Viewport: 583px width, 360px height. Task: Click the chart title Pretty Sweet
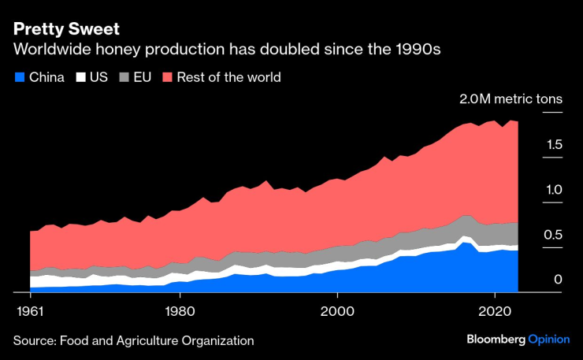(x=66, y=29)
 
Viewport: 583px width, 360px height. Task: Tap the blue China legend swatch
(x=19, y=77)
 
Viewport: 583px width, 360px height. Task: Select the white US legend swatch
(x=80, y=77)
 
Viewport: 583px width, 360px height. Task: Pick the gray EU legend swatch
(x=124, y=77)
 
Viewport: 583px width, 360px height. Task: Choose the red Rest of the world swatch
(x=167, y=77)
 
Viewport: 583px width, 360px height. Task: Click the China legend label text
(x=46, y=77)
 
